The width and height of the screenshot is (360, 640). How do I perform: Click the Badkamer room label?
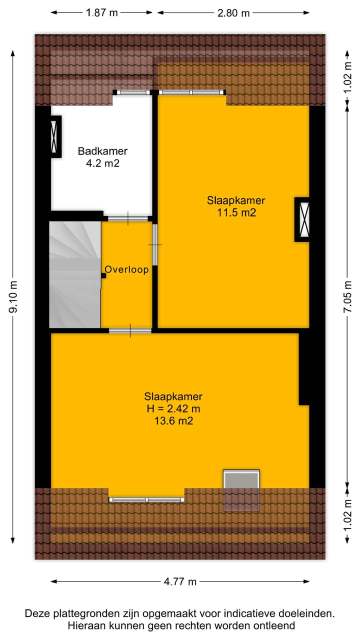coord(102,151)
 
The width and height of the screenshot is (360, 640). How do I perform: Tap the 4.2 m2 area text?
coord(102,163)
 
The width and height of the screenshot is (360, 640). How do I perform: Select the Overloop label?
coord(126,270)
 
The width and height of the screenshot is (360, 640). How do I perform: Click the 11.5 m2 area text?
coord(236,213)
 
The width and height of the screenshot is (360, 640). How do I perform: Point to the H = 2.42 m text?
coord(173,409)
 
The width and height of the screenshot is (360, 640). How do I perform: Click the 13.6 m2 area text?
coord(173,421)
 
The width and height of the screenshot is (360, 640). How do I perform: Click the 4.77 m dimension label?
coord(180,581)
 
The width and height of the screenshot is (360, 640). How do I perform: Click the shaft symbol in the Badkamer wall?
coord(54,136)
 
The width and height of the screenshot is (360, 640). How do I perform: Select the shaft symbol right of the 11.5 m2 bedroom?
coord(302,220)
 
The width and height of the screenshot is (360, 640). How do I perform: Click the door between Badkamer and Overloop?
coord(128,218)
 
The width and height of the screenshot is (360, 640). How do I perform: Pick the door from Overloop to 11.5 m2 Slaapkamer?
coord(155,244)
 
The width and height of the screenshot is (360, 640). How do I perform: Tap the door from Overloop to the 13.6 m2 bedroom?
coord(130,330)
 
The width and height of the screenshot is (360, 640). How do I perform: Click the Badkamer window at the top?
coord(132,92)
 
